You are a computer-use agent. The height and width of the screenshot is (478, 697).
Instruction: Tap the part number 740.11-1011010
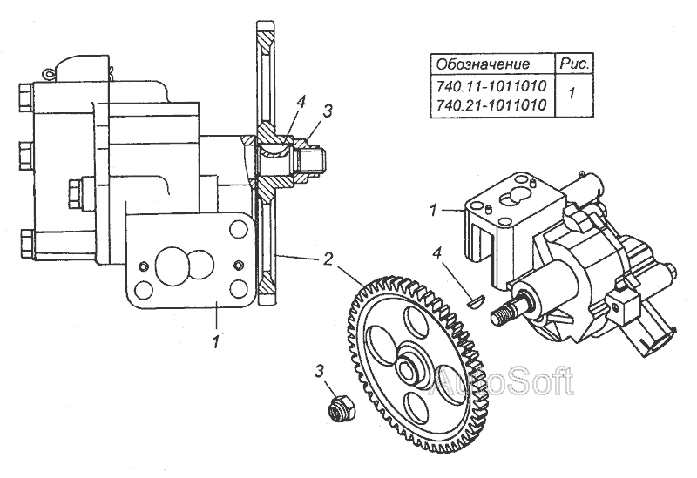[x=491, y=87]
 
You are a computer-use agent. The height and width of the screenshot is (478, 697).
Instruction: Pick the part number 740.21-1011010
[x=491, y=104]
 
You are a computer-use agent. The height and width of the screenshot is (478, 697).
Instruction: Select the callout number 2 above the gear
[x=328, y=258]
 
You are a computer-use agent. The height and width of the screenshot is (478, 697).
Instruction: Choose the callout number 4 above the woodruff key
[x=439, y=254]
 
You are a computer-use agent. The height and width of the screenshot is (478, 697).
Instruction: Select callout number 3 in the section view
[x=328, y=111]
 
